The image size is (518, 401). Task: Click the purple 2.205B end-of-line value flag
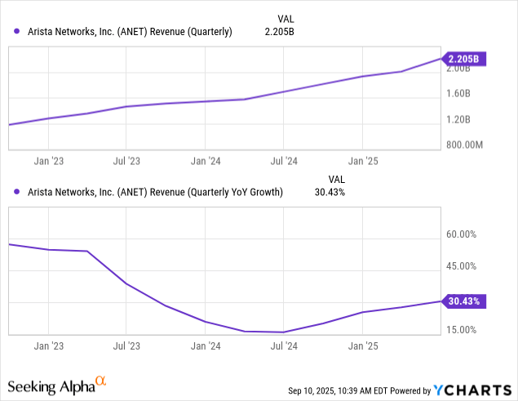pyautogui.click(x=464, y=59)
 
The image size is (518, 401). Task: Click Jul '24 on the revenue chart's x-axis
pyautogui.click(x=282, y=161)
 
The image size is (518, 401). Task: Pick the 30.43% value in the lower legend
pyautogui.click(x=330, y=193)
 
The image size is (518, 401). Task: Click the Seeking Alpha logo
pyautogui.click(x=56, y=383)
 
